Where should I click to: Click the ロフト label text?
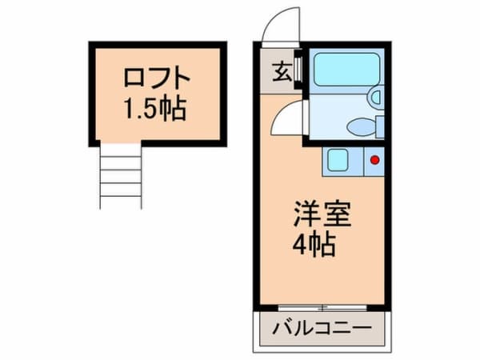[157, 79]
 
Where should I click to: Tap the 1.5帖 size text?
[155, 108]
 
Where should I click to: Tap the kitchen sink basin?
[338, 160]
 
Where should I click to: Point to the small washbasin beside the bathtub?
[374, 98]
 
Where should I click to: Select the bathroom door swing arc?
[289, 120]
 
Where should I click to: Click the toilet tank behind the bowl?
[380, 126]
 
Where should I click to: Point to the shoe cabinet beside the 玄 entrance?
[298, 70]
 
